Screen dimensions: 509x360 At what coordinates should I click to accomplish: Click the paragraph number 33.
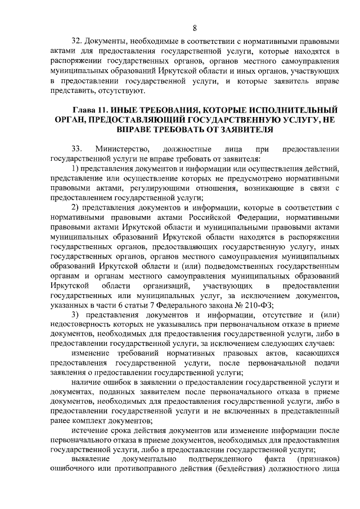[77, 149]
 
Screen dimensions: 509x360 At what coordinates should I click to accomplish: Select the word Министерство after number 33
[123, 149]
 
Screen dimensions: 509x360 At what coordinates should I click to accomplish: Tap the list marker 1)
[76, 169]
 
